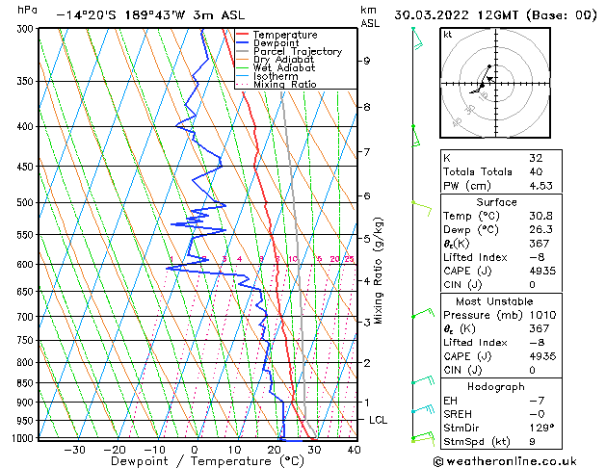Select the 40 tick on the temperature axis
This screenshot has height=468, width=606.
[354, 450]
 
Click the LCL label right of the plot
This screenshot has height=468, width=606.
[379, 421]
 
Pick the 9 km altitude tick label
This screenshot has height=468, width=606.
[367, 61]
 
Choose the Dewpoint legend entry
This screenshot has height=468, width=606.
[278, 43]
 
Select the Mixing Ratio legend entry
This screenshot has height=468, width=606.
[284, 85]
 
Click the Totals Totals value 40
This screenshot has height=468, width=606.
[537, 172]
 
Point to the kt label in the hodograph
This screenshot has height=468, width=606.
[448, 35]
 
